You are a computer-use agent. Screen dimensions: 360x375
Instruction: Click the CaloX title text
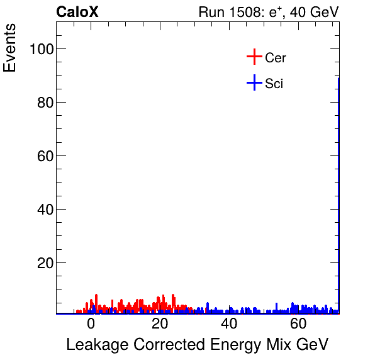coord(77,13)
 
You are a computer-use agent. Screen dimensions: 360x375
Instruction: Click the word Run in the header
coord(211,13)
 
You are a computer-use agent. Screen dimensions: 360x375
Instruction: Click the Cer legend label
coord(276,58)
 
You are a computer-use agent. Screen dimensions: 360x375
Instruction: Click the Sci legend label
coord(274,84)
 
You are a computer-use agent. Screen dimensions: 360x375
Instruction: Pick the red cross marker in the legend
coord(254,57)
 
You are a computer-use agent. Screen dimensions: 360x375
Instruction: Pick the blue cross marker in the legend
coord(254,83)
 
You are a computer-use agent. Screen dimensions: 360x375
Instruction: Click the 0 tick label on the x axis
coord(91,325)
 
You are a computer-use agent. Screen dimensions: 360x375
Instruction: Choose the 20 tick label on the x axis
coord(160,325)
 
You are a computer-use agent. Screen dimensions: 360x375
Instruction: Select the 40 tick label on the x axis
coord(229,325)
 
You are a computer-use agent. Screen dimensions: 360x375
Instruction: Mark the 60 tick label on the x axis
coord(298,325)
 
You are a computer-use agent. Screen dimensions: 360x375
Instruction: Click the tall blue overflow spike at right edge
coord(339,189)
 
